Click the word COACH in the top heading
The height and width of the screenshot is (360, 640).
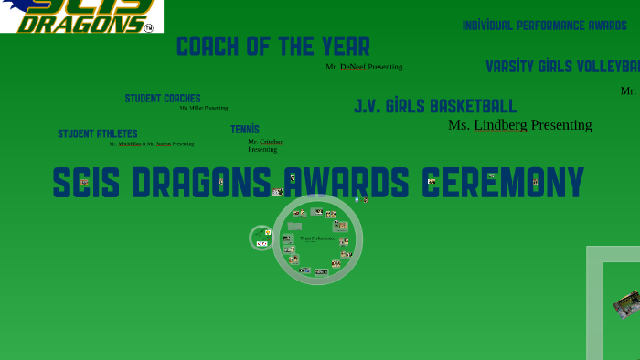point(208,47)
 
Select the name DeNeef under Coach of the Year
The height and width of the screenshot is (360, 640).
point(353,67)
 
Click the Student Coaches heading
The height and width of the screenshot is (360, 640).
point(163,99)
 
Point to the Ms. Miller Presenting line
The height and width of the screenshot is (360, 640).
point(203,108)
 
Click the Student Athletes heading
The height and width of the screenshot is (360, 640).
point(98,134)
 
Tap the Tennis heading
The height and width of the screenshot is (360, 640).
point(245,130)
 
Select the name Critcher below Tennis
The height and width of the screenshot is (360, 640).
point(271,142)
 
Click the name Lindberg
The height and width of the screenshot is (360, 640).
point(500,125)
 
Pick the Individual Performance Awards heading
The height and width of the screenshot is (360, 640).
point(544,26)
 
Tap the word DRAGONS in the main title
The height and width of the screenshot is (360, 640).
point(200,183)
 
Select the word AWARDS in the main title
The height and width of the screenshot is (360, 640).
point(348,183)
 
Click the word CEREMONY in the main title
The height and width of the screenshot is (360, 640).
point(502,183)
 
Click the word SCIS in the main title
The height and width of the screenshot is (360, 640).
point(86,183)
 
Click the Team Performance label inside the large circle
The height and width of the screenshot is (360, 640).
point(317,238)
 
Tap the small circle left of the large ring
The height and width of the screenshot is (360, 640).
point(261,238)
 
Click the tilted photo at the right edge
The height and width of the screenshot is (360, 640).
point(627,303)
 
